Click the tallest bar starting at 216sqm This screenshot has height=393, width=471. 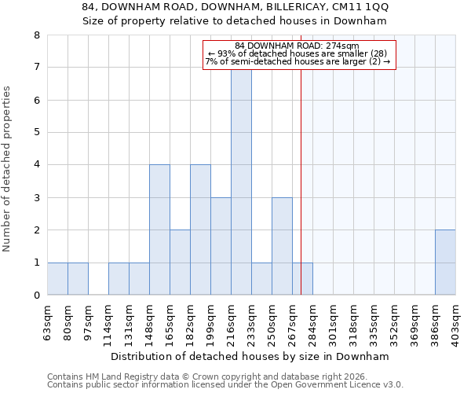coord(241,181)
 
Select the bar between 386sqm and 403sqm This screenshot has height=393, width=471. coord(445,263)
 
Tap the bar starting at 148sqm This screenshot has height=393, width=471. coord(159,230)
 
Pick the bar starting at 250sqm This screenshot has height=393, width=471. coord(282,246)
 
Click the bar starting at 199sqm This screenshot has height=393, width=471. coord(221,246)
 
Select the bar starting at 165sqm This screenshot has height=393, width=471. coord(180,263)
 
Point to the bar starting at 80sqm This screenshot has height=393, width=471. coord(78,279)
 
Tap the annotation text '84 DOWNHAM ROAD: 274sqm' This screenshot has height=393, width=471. coord(297,46)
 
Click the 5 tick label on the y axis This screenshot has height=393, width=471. coord(36,133)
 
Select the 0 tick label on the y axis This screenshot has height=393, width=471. coord(36,296)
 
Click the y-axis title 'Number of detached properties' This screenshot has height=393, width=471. coord(8,170)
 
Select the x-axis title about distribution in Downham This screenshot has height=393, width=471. coord(250,356)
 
